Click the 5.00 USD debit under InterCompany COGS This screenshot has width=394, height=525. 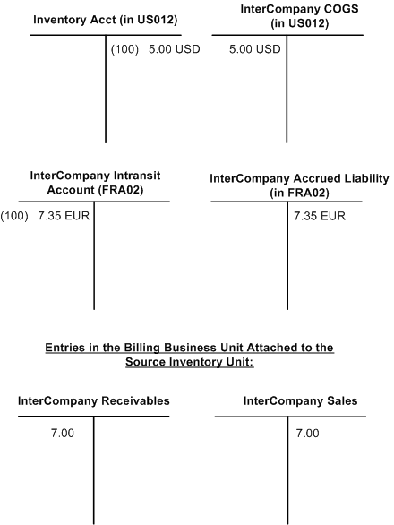(255, 49)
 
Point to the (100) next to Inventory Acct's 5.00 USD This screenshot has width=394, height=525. (124, 49)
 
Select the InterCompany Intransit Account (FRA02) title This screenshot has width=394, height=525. (94, 182)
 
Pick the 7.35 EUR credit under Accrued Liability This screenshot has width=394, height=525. (320, 216)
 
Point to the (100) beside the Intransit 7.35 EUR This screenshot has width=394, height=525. (15, 216)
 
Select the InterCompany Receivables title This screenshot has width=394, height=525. (94, 400)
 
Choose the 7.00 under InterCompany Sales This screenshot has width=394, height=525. (307, 433)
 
